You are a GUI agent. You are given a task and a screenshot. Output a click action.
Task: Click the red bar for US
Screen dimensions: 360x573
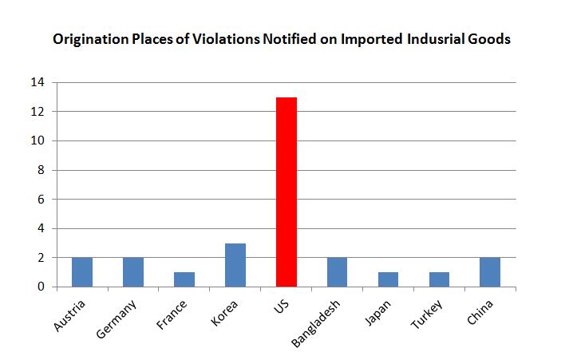286,192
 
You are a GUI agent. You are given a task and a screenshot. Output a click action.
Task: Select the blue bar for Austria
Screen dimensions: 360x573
82,272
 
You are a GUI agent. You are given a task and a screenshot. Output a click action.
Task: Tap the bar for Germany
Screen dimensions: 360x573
133,272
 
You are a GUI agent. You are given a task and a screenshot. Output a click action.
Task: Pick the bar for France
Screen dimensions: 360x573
184,279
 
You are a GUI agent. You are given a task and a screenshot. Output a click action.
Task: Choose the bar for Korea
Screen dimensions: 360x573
235,265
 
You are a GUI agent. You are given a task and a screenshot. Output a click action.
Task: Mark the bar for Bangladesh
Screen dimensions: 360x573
338,272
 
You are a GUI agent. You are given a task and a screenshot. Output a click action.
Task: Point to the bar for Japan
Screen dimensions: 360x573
389,279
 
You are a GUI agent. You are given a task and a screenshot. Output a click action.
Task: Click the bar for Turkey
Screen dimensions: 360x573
440,279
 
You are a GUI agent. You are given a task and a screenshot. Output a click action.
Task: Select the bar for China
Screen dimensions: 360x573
490,272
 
